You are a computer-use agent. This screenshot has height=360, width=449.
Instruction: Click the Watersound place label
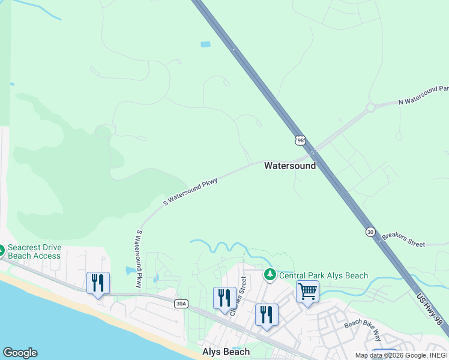click(x=290, y=166)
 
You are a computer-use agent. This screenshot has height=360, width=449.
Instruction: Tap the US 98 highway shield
click(x=300, y=140)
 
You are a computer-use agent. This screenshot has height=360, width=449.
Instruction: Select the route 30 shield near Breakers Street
click(x=370, y=232)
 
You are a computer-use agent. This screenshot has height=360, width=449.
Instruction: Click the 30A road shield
click(x=181, y=304)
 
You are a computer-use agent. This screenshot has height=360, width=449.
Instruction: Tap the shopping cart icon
click(x=307, y=292)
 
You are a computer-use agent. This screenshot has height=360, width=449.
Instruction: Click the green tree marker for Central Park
click(x=270, y=275)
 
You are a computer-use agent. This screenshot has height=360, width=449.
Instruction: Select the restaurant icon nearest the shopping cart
click(x=266, y=314)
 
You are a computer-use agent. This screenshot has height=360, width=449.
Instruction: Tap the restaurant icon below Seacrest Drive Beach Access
click(x=98, y=283)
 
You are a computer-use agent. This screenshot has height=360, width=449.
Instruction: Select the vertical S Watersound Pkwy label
click(x=138, y=259)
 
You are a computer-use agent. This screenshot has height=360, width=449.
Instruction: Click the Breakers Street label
click(x=403, y=239)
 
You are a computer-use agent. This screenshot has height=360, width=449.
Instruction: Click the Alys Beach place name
click(x=226, y=352)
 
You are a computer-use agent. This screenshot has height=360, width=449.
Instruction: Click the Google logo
click(x=20, y=353)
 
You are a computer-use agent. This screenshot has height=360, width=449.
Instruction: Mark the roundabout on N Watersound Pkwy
click(x=370, y=108)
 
